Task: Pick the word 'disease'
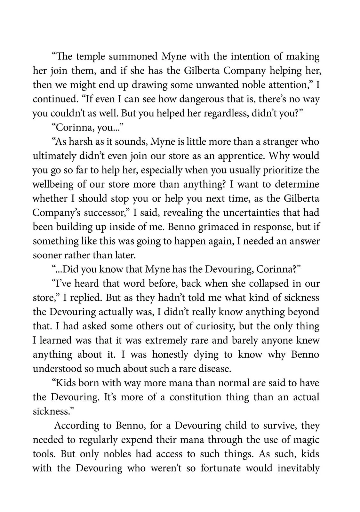pos(214,369)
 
